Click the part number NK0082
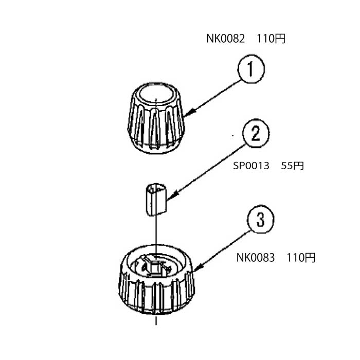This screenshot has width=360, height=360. coord(225,39)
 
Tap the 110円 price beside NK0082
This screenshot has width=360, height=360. coord(271,39)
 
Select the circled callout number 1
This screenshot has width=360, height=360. coord(251,68)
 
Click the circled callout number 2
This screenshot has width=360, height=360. coord(256,133)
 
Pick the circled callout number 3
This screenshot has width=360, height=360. coord(260,220)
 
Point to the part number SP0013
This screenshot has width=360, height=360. coord(251,166)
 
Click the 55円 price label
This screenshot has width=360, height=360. coord(292,166)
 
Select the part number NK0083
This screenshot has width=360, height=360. coord(256,258)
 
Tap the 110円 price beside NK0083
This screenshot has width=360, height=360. coord(301,258)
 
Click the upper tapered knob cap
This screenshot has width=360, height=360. coord(156,118)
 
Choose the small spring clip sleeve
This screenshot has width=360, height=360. coord(156,200)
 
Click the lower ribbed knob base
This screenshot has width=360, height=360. coord(156,280)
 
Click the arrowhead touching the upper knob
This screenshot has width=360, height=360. coord(190,113)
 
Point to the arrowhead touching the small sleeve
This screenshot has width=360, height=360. coord(173,195)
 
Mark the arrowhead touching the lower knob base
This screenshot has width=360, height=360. coord(199,267)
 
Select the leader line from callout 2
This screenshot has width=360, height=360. coord(206,173)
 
